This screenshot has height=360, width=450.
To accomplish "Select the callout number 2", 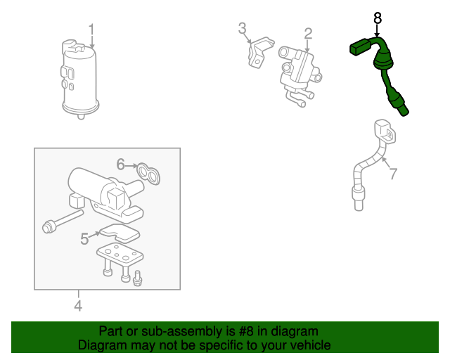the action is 308,34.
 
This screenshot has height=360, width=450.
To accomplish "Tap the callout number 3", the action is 242,28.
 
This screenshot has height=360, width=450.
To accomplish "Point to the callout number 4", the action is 78,305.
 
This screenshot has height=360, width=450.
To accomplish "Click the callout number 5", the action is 84,238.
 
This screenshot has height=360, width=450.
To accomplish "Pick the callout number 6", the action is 120,165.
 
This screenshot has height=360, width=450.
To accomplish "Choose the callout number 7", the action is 393,174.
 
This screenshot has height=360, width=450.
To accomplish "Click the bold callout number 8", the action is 378,18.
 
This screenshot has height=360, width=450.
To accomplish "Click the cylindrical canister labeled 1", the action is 79,79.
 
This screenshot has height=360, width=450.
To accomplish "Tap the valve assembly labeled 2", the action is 300,76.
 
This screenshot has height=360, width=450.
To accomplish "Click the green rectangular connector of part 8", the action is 359,48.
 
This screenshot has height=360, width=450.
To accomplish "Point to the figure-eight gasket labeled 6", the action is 148,174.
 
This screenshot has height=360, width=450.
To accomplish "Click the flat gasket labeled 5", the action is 120,233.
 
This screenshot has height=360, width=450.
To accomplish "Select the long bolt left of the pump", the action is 63,221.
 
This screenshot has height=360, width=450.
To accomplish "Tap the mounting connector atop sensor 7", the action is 385,131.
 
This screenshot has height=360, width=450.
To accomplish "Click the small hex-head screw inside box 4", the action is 138,278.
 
